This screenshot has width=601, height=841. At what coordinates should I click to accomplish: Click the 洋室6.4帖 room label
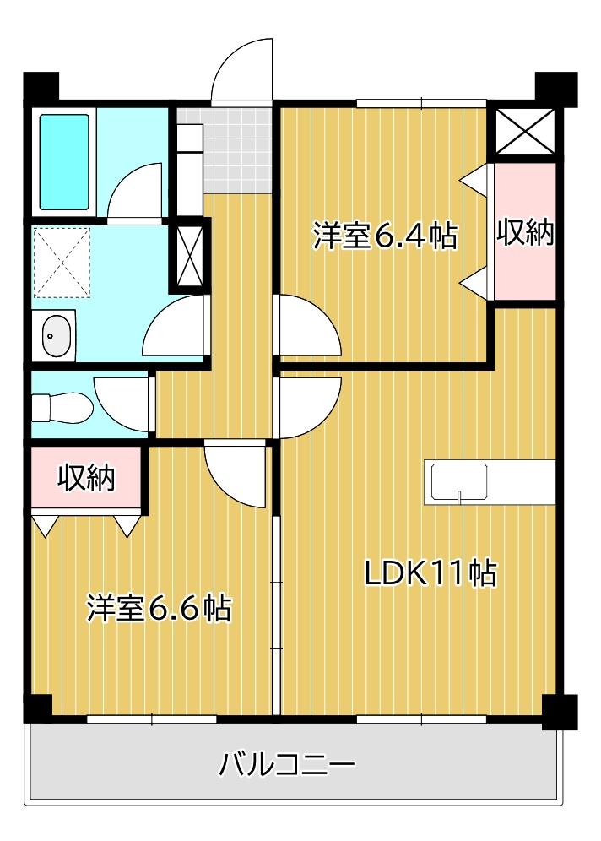coord(385,236)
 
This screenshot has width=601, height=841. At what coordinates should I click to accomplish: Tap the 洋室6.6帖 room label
coord(159,607)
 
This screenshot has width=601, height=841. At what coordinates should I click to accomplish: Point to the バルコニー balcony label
coord(287,766)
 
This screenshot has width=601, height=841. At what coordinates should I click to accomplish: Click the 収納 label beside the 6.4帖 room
coord(524,231)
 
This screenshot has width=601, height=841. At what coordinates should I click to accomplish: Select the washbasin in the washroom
coord(57,335)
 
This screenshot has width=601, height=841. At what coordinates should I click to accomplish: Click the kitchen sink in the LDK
coord(459,483)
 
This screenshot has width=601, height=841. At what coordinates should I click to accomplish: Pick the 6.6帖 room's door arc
coord(236,473)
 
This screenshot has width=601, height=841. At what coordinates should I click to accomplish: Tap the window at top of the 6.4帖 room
coord(421,104)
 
